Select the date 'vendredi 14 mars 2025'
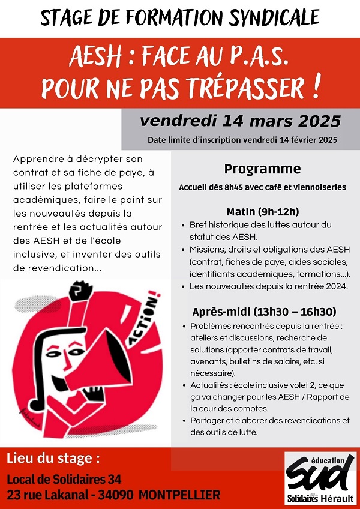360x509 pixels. pyautogui.click(x=240, y=121)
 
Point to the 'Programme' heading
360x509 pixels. pyautogui.click(x=262, y=169)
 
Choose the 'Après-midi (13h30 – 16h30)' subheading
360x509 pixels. pyautogui.click(x=263, y=312)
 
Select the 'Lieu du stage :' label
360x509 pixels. pyautogui.click(x=53, y=460)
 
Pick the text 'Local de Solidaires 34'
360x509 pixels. pyautogui.click(x=64, y=479)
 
